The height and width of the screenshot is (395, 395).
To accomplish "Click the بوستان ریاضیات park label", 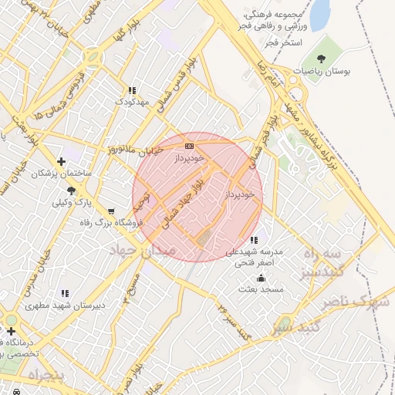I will (324, 71).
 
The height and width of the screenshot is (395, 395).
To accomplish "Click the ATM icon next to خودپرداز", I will (189, 146).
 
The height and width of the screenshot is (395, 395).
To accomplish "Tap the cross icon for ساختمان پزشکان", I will (62, 162).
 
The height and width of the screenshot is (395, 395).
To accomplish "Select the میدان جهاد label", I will (147, 251).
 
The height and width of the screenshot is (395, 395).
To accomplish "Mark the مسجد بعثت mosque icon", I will (261, 278).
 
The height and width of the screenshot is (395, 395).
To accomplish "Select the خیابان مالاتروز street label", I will (135, 148).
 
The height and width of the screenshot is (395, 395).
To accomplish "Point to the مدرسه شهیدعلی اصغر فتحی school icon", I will (255, 240).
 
